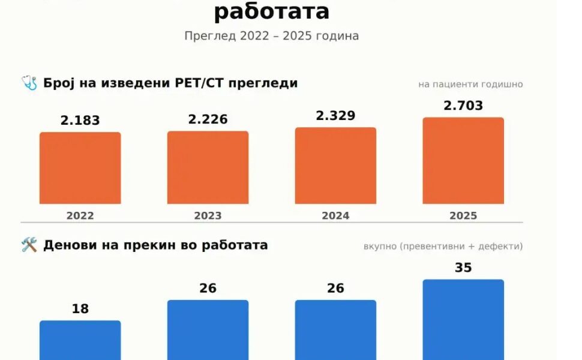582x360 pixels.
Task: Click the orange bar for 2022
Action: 80,168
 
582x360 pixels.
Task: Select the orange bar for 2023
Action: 208,167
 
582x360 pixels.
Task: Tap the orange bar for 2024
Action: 335,166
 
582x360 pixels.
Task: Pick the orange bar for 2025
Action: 463,161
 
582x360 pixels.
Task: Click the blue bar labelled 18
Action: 80,340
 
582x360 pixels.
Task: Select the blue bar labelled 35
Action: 463,320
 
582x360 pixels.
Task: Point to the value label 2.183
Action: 80,121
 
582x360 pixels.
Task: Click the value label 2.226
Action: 208,119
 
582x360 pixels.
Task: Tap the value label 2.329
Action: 335,116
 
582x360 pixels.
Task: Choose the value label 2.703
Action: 463,106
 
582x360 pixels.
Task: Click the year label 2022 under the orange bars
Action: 80,215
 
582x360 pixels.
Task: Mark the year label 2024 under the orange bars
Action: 335,215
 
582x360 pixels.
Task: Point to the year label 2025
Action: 463,215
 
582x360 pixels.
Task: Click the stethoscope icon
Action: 29,83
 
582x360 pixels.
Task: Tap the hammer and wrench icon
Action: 29,245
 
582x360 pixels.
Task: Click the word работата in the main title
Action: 272,11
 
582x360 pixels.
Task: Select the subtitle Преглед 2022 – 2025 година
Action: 272,36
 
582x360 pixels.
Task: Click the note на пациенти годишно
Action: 470,85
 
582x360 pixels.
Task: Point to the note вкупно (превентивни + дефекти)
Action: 443,247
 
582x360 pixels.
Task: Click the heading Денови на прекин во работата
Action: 155,245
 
